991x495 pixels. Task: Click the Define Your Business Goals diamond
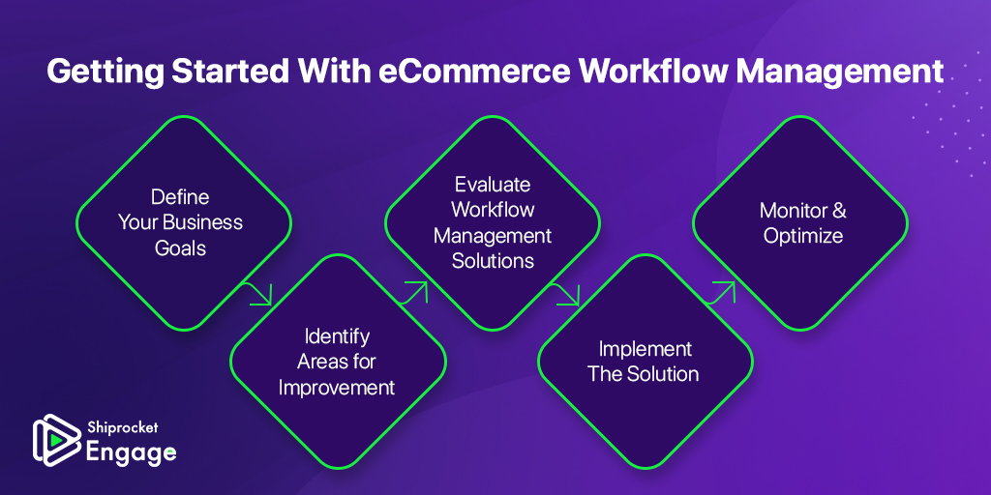[x=184, y=223]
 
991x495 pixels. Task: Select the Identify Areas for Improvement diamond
[x=338, y=362]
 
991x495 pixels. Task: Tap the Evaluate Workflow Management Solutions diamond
[x=493, y=223]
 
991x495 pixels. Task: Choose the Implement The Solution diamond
[x=646, y=362]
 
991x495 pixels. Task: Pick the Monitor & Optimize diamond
[x=800, y=223]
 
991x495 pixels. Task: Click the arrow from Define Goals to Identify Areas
[x=257, y=294]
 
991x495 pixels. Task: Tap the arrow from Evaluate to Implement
[x=564, y=294]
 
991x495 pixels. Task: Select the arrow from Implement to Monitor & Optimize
[x=721, y=293]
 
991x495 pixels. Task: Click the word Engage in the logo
[x=131, y=453]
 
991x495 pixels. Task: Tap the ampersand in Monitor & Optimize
[x=839, y=211]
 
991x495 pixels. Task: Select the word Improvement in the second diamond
[x=337, y=387]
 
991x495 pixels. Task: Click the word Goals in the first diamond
[x=181, y=247]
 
